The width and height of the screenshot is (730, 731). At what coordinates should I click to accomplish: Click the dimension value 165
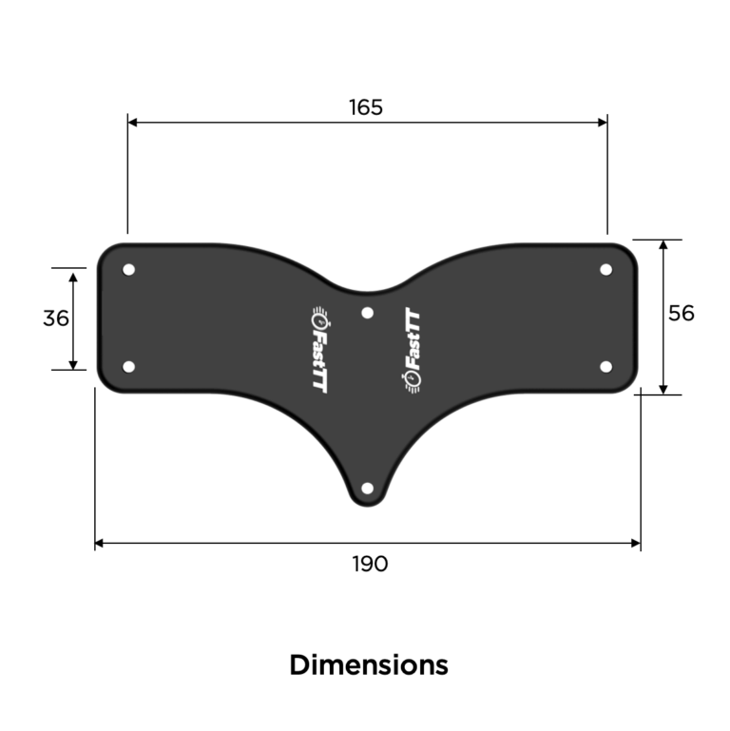(x=365, y=106)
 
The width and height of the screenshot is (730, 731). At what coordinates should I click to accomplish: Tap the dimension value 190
(x=370, y=564)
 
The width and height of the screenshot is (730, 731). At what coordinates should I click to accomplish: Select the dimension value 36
(x=56, y=318)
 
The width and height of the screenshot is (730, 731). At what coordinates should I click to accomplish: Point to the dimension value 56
(x=681, y=313)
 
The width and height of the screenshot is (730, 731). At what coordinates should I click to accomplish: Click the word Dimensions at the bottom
(x=369, y=664)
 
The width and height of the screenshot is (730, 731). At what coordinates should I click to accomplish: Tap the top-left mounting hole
(x=129, y=270)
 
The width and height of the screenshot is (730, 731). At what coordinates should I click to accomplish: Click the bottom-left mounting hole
(x=129, y=366)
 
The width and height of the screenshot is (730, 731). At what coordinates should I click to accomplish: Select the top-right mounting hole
(x=605, y=270)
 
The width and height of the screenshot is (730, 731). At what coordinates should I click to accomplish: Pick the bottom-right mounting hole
(x=605, y=366)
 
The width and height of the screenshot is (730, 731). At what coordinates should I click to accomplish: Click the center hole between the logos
(x=368, y=313)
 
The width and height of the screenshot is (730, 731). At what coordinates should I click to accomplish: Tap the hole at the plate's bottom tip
(x=368, y=489)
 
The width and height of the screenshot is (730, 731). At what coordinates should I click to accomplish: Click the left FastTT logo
(x=320, y=351)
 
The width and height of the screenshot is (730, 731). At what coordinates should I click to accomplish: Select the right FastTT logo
(x=413, y=351)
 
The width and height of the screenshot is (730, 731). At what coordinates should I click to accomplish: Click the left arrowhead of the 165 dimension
(x=134, y=122)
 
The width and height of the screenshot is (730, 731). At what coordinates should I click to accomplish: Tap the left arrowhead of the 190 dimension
(x=101, y=544)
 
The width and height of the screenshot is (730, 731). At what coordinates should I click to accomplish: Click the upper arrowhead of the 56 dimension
(x=663, y=246)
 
